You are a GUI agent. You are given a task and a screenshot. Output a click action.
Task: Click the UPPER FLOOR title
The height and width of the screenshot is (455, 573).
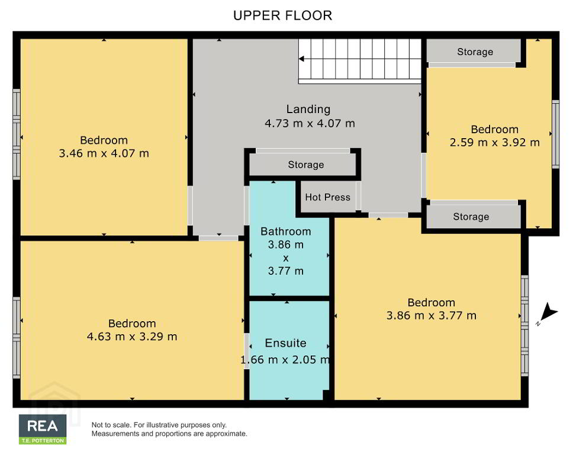282,15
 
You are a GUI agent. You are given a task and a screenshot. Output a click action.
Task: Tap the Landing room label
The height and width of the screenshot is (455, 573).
308,110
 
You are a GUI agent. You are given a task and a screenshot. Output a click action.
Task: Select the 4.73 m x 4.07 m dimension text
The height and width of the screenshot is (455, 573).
310,123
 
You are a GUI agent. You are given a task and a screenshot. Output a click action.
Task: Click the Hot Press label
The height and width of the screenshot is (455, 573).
327,197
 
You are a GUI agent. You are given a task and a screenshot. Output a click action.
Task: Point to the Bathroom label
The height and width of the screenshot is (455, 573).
286,232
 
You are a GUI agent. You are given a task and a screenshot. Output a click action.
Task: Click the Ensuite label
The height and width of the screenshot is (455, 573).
285,343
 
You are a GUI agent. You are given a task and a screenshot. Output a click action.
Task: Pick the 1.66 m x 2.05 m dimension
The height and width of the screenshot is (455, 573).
285,360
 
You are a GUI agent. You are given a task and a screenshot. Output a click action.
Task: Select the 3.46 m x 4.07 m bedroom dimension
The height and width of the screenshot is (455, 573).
104,153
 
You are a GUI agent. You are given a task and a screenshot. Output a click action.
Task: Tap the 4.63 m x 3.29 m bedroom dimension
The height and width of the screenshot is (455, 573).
132,337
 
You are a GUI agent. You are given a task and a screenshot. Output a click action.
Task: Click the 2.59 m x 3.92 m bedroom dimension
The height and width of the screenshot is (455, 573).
494,142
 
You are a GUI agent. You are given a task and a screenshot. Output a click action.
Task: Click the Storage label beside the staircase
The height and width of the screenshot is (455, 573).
475,52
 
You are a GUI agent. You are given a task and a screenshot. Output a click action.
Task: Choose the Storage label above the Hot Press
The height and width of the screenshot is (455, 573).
306,165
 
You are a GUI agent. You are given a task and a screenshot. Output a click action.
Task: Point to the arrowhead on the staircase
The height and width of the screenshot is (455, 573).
301,59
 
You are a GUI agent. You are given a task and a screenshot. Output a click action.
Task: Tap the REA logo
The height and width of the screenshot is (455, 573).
43,426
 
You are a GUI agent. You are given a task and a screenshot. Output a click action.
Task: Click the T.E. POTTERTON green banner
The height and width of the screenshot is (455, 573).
43,441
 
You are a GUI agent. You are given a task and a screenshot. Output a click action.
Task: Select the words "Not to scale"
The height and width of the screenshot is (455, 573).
111,425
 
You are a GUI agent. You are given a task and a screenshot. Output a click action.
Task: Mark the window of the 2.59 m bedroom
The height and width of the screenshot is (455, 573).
555,134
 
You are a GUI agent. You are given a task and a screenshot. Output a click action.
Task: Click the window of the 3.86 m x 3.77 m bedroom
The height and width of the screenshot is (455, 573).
524,325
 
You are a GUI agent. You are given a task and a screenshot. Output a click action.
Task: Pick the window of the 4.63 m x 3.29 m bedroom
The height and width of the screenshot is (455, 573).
17,338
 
